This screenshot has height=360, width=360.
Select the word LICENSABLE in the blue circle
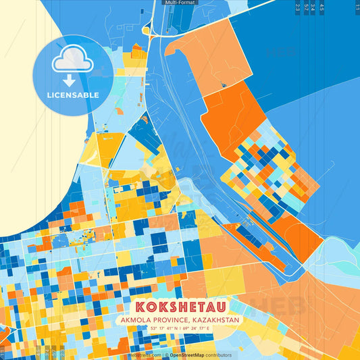[x=72, y=95]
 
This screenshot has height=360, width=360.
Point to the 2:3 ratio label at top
[x=298, y=7]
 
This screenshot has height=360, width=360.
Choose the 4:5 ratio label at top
[x=322, y=7]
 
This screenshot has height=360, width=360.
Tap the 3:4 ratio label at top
[x=313, y=7]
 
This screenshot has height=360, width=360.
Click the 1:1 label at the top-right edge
[x=357, y=7]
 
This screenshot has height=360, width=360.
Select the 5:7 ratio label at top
[x=306, y=7]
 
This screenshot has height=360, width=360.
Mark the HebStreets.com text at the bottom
[x=145, y=355]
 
